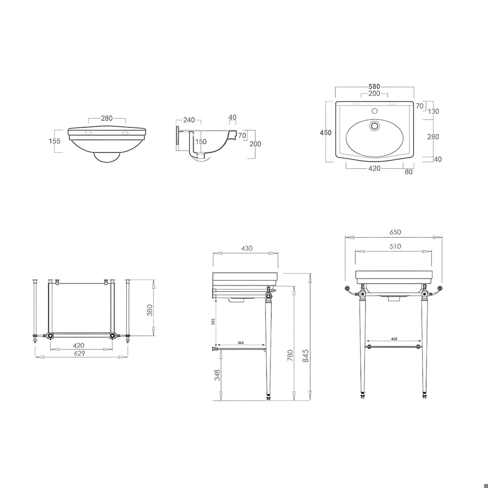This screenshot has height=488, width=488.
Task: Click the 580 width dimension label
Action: click(374, 87)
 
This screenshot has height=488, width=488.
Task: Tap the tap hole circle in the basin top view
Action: click(375, 126)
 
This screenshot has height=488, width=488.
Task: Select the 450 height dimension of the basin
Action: click(325, 133)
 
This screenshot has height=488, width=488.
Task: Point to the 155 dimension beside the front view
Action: click(55, 141)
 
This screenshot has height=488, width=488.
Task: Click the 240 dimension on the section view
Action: click(189, 120)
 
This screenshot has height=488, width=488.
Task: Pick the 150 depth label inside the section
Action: click(201, 142)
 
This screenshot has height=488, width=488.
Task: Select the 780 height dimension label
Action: click(290, 355)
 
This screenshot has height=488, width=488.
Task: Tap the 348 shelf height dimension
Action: click(217, 375)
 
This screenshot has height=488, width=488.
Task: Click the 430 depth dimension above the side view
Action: click(247, 248)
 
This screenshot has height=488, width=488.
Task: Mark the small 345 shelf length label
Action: click(241, 343)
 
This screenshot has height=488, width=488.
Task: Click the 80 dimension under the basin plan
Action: click(408, 171)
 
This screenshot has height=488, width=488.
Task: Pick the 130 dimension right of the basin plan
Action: click(433, 111)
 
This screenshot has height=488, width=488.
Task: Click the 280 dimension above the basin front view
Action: click(106, 118)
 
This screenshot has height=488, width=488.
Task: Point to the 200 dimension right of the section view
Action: click(255, 144)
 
